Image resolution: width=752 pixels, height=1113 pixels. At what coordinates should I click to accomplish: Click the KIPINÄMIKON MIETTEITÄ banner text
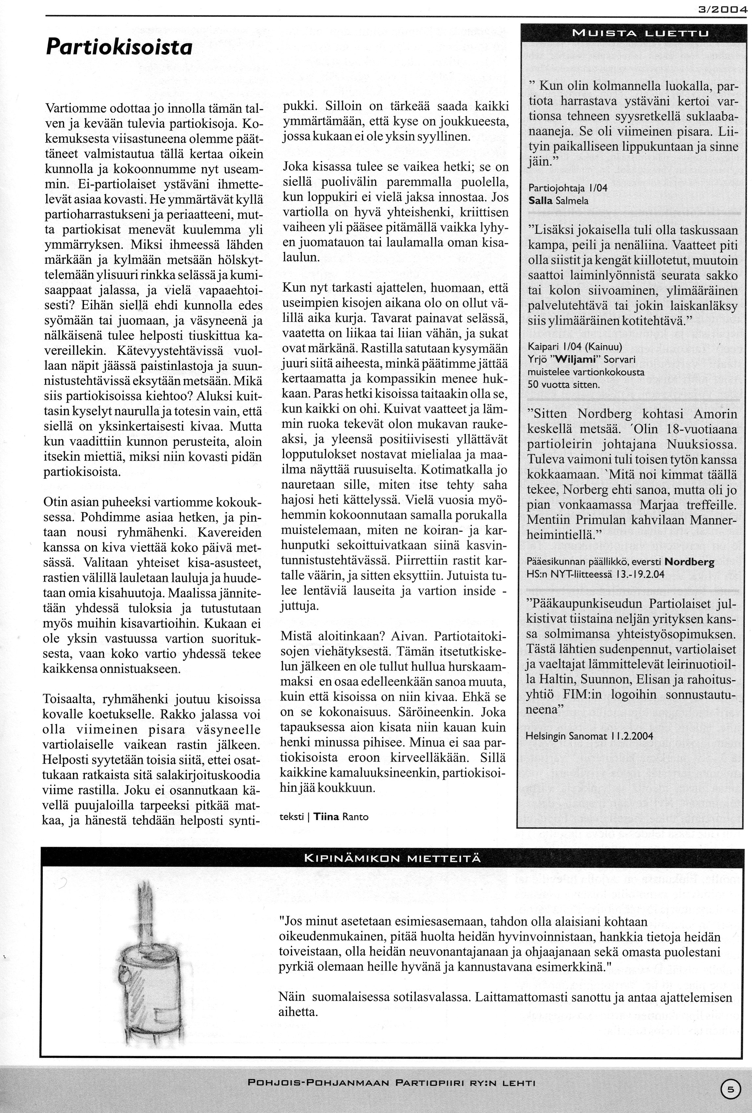coord(393,858)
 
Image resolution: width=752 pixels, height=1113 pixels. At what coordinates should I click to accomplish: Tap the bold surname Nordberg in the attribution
coord(689,562)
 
